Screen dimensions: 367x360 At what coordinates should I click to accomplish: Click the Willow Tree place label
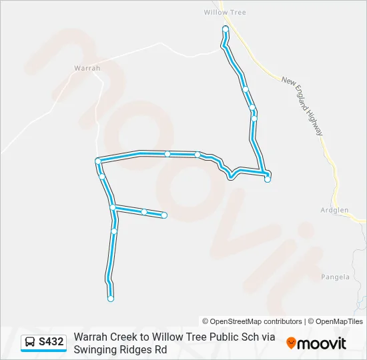click(x=225, y=12)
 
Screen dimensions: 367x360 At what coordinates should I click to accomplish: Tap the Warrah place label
click(x=87, y=68)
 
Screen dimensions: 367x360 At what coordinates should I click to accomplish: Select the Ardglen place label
click(x=334, y=210)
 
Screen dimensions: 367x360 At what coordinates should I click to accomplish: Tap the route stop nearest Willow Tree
click(x=226, y=29)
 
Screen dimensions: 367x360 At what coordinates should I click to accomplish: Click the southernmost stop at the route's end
click(x=111, y=299)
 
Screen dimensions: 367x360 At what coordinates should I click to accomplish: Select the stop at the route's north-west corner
click(x=98, y=161)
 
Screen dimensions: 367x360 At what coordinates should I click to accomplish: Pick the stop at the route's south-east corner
click(x=268, y=179)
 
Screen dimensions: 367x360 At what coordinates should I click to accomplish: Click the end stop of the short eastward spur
click(x=164, y=215)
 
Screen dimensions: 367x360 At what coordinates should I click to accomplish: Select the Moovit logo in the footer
click(x=316, y=343)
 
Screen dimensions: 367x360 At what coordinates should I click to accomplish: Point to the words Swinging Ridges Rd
click(x=120, y=349)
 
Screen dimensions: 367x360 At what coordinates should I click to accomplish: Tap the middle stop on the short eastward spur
click(x=144, y=212)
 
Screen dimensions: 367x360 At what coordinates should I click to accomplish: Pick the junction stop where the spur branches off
click(x=113, y=208)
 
